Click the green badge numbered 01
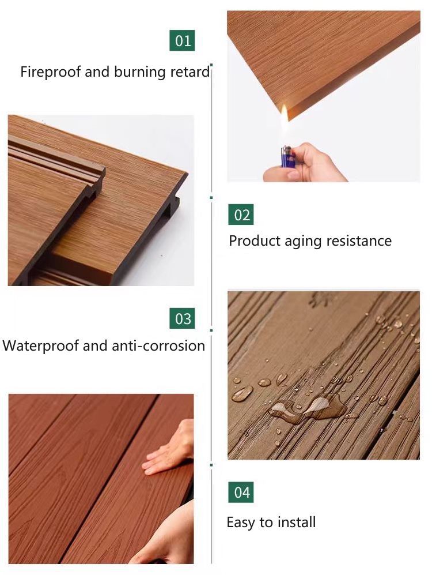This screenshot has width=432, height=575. [x=182, y=40]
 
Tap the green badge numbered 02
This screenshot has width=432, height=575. [x=241, y=215]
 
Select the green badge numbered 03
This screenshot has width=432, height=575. [x=182, y=318]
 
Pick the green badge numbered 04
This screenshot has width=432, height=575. [x=241, y=493]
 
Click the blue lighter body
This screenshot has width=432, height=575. [x=286, y=156]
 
